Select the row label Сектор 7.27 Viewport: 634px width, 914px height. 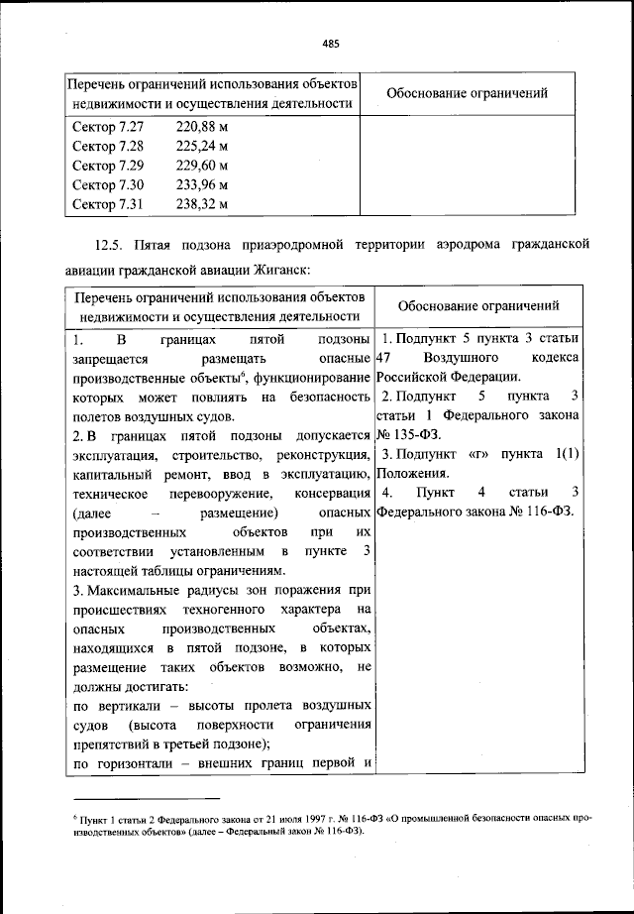[108, 128]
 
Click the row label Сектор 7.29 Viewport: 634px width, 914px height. [108, 166]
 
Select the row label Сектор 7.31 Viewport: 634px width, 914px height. [108, 204]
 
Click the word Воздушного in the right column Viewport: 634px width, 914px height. [463, 358]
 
